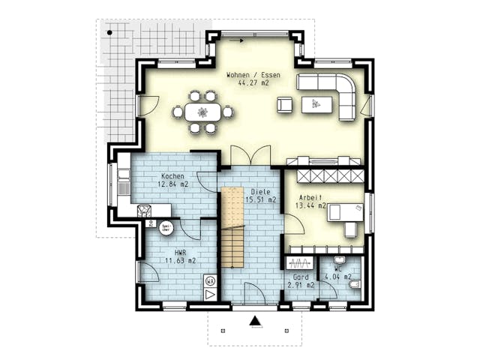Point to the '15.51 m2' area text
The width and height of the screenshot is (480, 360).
(x=261, y=200)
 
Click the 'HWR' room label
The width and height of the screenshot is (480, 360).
(x=180, y=253)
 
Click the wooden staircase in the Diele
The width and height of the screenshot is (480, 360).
(x=232, y=229)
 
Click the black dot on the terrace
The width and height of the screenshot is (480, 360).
(x=109, y=33)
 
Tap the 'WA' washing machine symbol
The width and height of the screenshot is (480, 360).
(x=210, y=282)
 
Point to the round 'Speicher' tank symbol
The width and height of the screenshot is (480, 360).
(x=166, y=227)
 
